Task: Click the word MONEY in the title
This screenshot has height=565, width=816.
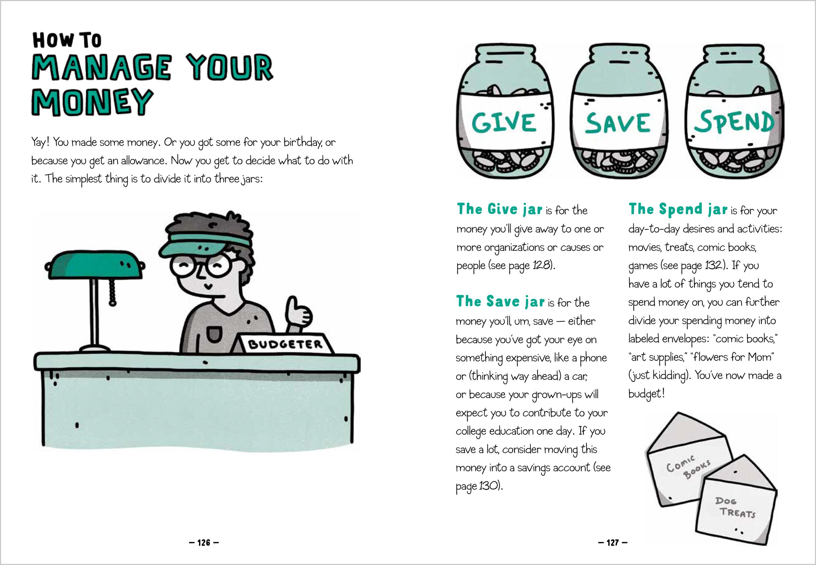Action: [x=93, y=102]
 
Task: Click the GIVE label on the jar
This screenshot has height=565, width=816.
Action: [x=504, y=122]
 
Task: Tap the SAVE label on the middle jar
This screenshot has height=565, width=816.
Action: [x=617, y=123]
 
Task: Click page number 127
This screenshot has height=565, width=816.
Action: [x=613, y=542]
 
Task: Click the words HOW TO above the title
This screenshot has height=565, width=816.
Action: [x=67, y=40]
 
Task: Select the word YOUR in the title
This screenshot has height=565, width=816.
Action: [x=230, y=67]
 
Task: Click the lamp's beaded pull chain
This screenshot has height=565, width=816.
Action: [x=113, y=292]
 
